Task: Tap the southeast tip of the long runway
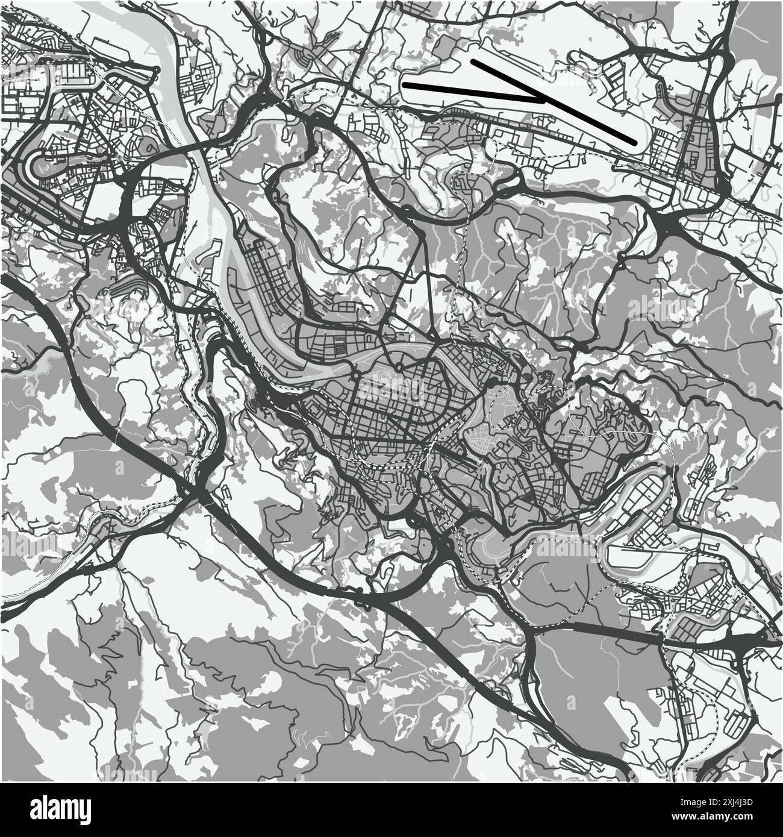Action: pyautogui.click(x=634, y=143)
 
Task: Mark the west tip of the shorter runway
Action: pyautogui.click(x=405, y=85)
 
